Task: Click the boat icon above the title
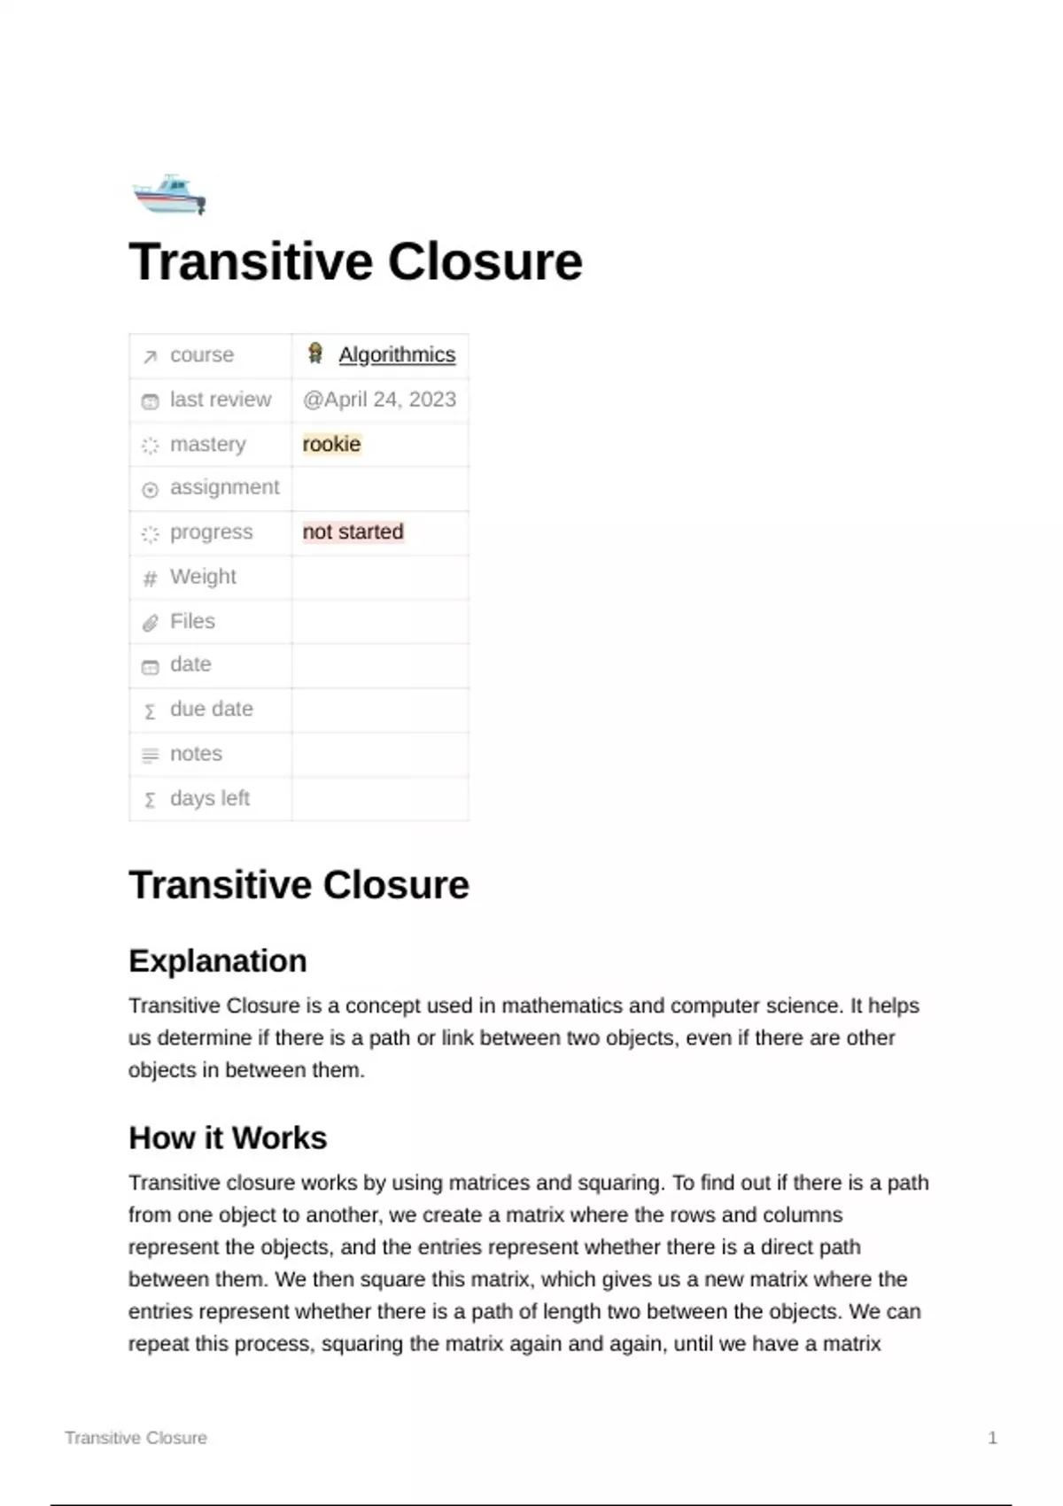(x=169, y=195)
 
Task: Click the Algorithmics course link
(x=397, y=354)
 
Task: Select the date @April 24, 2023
(x=379, y=400)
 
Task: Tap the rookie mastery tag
(x=331, y=444)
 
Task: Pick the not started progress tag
(x=353, y=532)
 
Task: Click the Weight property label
(x=203, y=577)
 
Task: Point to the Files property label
(x=192, y=621)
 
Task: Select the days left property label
(x=209, y=798)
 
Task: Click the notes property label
(x=196, y=754)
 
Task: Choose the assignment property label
(x=224, y=487)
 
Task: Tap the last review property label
(x=221, y=400)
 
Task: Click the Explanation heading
(x=218, y=960)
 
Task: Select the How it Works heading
(x=228, y=1137)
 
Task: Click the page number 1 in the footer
(x=992, y=1438)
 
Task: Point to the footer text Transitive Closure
(x=136, y=1438)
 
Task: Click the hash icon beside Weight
(x=151, y=578)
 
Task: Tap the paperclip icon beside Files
(x=151, y=623)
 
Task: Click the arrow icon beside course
(x=151, y=356)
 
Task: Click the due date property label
(x=211, y=709)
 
